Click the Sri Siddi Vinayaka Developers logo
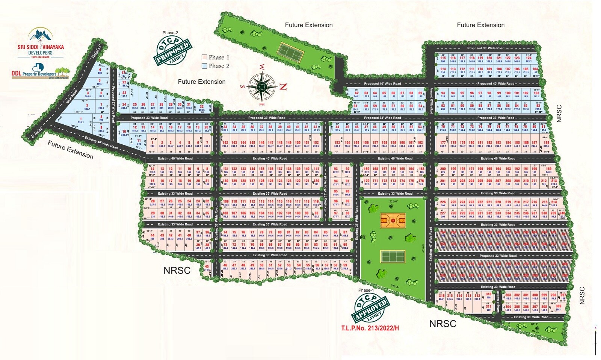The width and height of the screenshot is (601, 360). coord(41,42)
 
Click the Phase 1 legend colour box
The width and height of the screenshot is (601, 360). coord(204,57)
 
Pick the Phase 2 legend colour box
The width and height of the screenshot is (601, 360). coord(204,66)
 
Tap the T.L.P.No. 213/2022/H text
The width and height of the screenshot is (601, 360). coord(370,328)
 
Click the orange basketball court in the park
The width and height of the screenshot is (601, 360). coord(393,220)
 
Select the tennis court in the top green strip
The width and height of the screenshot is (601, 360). coord(290,52)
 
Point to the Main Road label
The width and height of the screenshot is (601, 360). coord(71,96)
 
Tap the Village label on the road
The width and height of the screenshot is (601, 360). coord(96,53)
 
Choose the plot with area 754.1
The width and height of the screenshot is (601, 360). coord(81,121)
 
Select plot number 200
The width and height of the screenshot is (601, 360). coord(443,169)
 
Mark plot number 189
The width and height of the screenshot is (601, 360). coord(549,169)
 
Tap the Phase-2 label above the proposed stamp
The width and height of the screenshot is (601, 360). coord(170,33)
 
